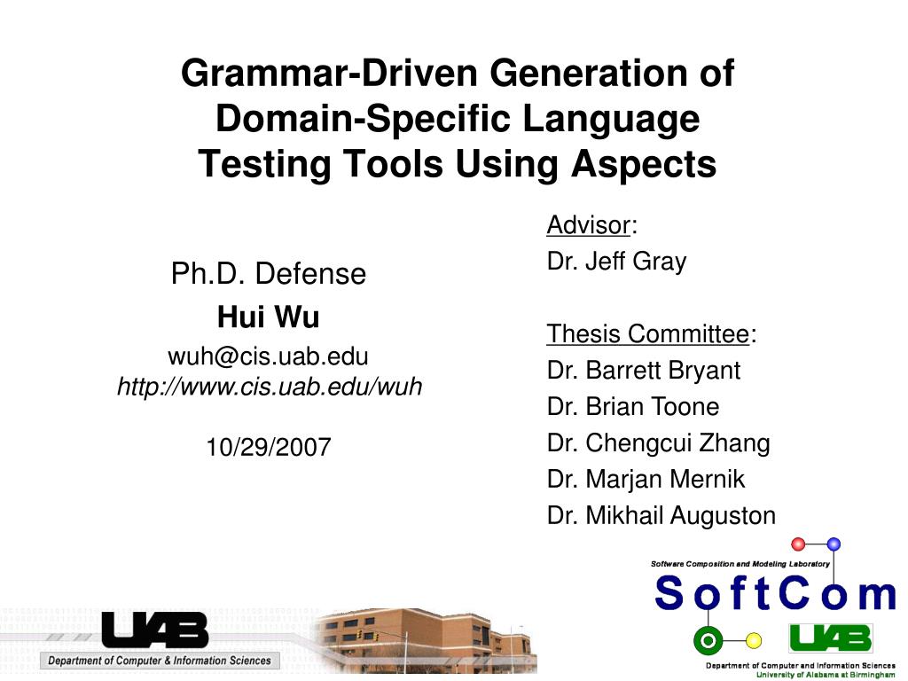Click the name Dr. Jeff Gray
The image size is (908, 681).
click(616, 262)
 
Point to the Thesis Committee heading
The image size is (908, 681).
click(648, 334)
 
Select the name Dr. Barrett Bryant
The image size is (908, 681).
click(643, 370)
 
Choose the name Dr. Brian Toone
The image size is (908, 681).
click(632, 406)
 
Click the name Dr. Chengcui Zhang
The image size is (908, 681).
click(658, 442)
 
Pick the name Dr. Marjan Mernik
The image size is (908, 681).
click(646, 479)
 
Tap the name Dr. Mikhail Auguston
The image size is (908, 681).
click(661, 515)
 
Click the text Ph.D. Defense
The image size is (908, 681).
click(268, 274)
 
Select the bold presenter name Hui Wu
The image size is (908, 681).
click(268, 317)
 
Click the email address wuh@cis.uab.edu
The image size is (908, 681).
click(268, 356)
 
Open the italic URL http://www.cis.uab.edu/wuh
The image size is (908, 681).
click(270, 387)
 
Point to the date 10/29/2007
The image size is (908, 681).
click(268, 448)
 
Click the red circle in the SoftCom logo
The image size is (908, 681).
click(798, 544)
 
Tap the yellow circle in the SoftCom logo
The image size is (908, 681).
click(754, 640)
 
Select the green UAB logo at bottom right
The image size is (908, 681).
click(830, 638)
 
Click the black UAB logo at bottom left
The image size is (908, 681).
click(154, 630)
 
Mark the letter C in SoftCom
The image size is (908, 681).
click(794, 594)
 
